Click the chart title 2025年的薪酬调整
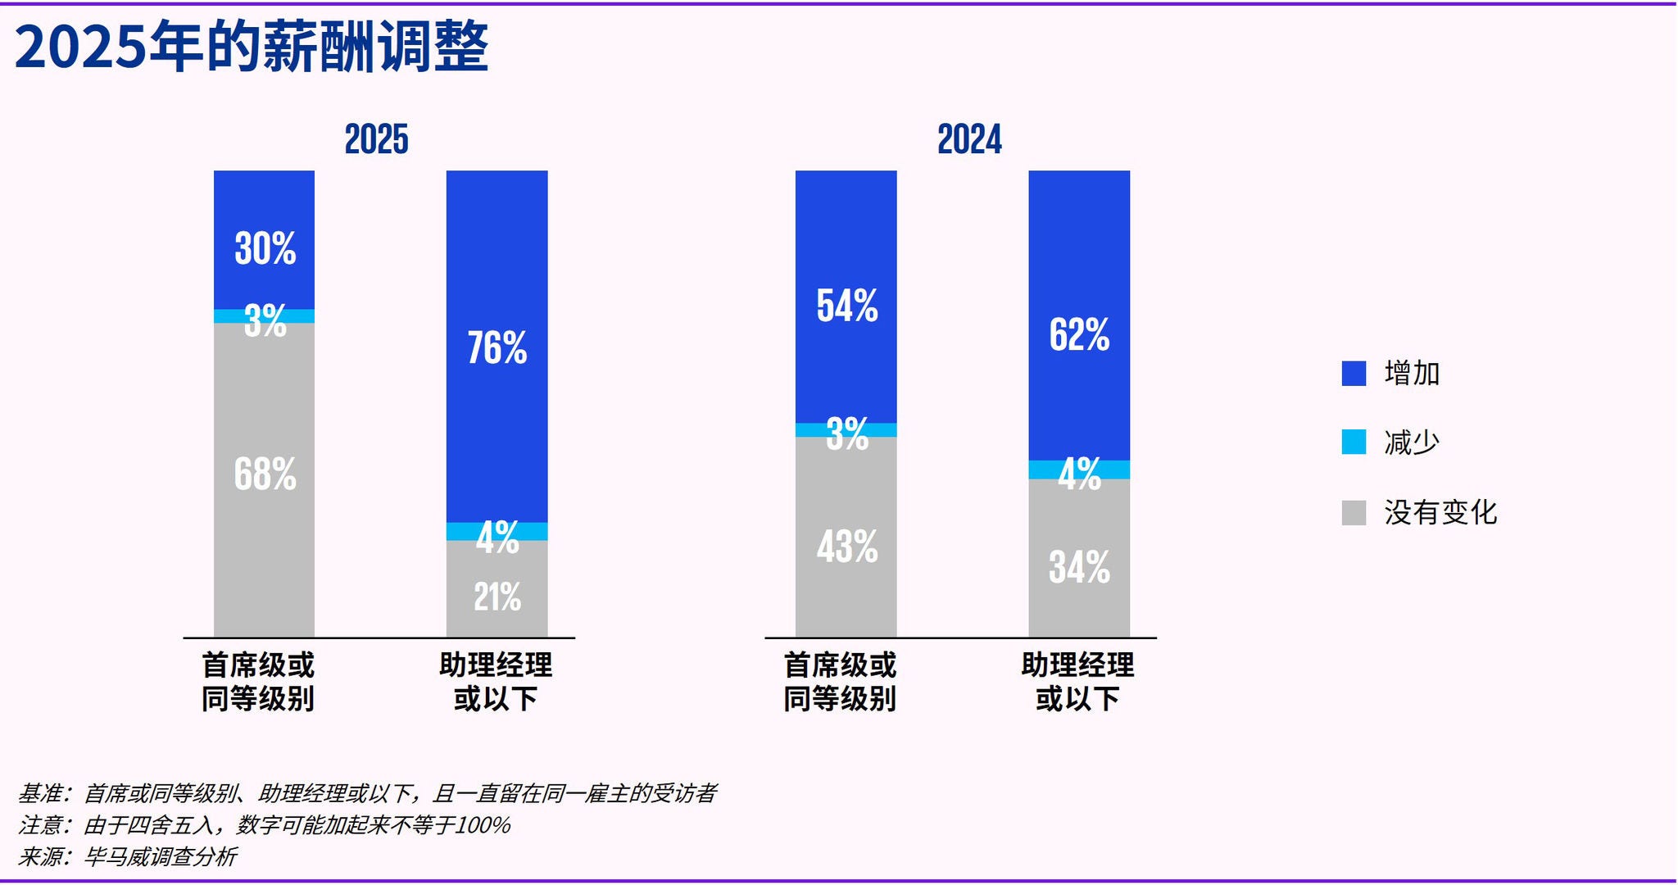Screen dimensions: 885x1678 252,47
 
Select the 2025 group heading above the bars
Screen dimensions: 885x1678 376,139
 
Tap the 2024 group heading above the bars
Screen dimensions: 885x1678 969,139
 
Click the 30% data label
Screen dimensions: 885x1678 265,247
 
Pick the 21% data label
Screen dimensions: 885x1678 497,597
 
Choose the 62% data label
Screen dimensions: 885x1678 1079,334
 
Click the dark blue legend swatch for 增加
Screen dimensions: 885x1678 1354,374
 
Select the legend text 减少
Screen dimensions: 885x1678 1411,442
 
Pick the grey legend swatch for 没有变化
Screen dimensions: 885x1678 1354,513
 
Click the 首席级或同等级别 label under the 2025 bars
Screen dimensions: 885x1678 258,682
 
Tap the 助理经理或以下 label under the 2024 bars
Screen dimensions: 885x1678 1077,682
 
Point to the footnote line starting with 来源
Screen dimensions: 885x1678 127,856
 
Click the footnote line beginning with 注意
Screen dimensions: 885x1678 264,824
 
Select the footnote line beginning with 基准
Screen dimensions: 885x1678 367,793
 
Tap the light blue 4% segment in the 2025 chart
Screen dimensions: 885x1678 497,531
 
